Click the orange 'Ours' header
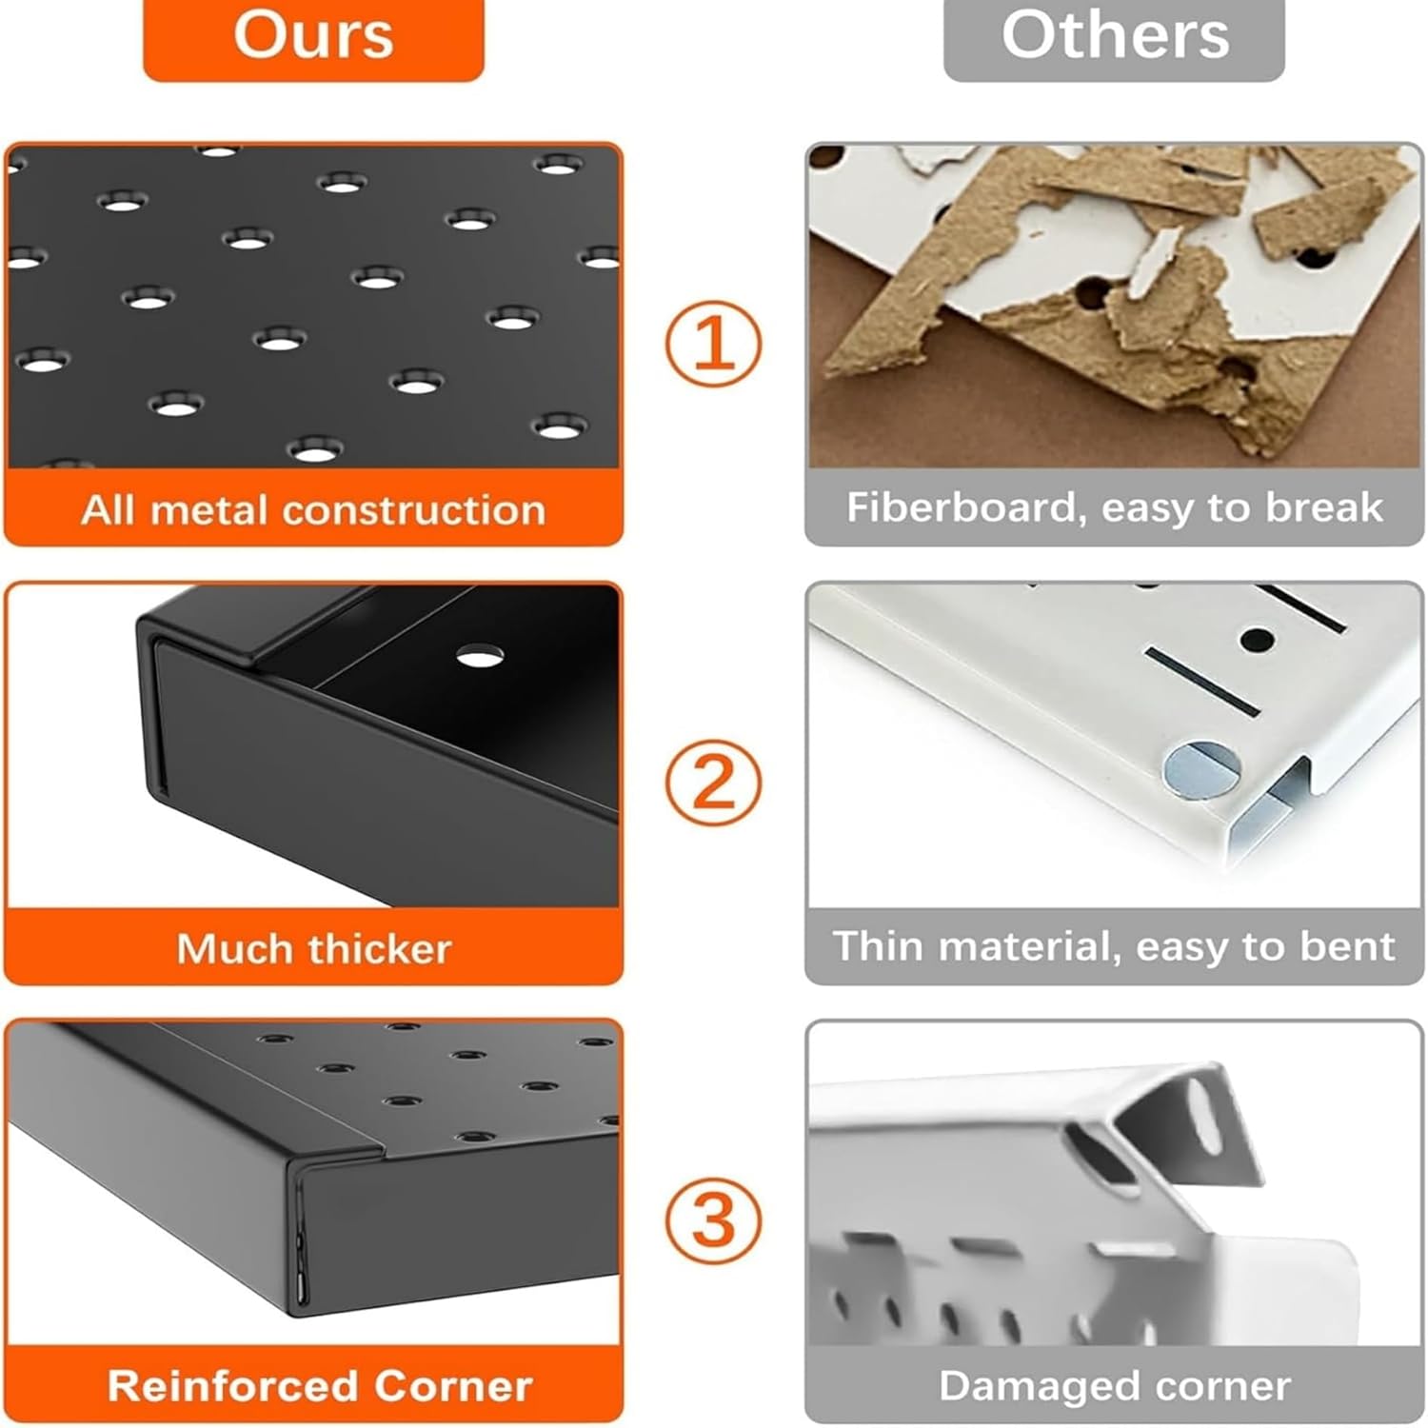[313, 38]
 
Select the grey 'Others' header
[1114, 38]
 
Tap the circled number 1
[713, 344]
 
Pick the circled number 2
[713, 783]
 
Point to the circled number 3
[713, 1220]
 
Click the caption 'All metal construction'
[313, 510]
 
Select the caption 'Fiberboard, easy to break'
[1114, 508]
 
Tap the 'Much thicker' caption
[313, 948]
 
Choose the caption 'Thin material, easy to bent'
[1114, 946]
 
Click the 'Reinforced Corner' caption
[319, 1386]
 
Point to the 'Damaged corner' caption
[1115, 1386]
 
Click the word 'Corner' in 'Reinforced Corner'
[453, 1386]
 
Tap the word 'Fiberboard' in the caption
[966, 507]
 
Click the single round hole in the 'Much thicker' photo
[480, 655]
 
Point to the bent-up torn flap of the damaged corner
[1190, 1123]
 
